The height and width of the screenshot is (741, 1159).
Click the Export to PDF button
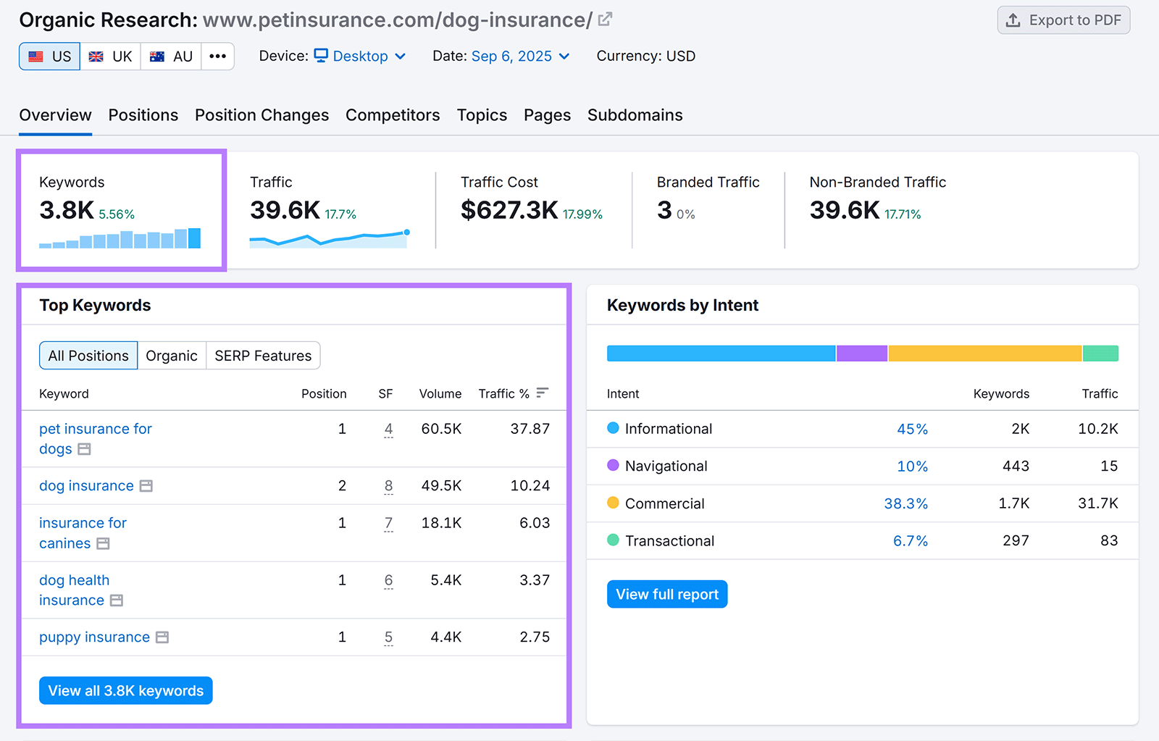[x=1063, y=20]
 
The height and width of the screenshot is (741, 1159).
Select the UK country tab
[x=111, y=56]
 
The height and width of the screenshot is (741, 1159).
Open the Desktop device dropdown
[x=360, y=56]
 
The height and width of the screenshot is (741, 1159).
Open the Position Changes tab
[x=261, y=115]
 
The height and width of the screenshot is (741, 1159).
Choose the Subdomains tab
[x=635, y=115]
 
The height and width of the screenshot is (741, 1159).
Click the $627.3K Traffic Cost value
[x=509, y=210]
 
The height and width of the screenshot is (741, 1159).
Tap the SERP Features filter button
[x=263, y=356]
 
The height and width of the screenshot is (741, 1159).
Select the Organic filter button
[x=172, y=356]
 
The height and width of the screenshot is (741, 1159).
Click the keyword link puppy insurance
[x=94, y=637]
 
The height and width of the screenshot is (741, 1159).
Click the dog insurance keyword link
[x=86, y=486]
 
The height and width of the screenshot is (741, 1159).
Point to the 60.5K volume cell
[x=441, y=429]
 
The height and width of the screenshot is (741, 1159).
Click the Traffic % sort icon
[x=543, y=393]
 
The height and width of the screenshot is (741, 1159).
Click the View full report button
[x=666, y=595]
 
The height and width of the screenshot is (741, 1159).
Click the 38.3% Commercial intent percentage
[x=905, y=503]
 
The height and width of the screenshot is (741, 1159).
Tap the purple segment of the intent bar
[x=862, y=353]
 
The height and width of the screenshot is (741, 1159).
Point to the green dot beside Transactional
[x=613, y=540]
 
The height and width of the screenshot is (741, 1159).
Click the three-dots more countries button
[x=217, y=56]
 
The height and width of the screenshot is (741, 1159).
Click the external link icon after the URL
[x=605, y=20]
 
